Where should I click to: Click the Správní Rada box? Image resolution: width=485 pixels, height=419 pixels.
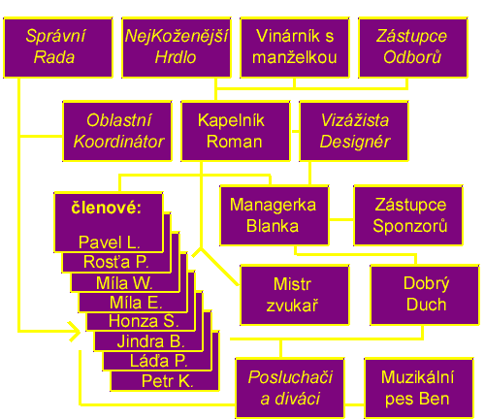pos(58,48)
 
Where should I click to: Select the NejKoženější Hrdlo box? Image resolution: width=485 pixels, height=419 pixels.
pos(177,48)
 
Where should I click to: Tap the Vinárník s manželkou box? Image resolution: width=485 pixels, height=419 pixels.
pos(295,48)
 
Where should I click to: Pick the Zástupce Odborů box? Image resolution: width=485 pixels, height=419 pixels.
pos(413,48)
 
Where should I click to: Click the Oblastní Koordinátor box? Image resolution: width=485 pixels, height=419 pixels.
pos(117,131)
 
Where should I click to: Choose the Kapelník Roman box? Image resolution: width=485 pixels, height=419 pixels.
pos(236,131)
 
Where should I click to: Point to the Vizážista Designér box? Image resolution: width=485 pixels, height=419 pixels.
pos(354,131)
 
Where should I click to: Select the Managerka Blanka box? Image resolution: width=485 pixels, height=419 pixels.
pos(275,215)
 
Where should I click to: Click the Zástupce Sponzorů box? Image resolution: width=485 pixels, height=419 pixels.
pos(408,215)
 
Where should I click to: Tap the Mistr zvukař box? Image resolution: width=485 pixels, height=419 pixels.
pos(295,295)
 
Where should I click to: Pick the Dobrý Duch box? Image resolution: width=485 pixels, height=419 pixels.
pos(425,295)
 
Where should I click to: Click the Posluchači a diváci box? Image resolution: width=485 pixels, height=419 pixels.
pos(290,388)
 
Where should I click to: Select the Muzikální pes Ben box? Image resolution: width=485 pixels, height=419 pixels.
pos(419,388)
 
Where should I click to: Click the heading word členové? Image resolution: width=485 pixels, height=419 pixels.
pos(107,208)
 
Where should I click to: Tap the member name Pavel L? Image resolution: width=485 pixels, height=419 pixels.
pos(110,242)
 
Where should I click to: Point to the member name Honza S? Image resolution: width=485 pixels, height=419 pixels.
pos(144,321)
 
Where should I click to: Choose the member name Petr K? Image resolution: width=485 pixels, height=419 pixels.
pos(168,381)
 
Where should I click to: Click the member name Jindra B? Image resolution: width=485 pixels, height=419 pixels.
pos(150,341)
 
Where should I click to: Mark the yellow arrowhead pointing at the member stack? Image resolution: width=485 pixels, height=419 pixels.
pos(75,332)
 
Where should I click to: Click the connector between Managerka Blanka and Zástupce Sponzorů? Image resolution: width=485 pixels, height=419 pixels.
pos(341,220)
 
